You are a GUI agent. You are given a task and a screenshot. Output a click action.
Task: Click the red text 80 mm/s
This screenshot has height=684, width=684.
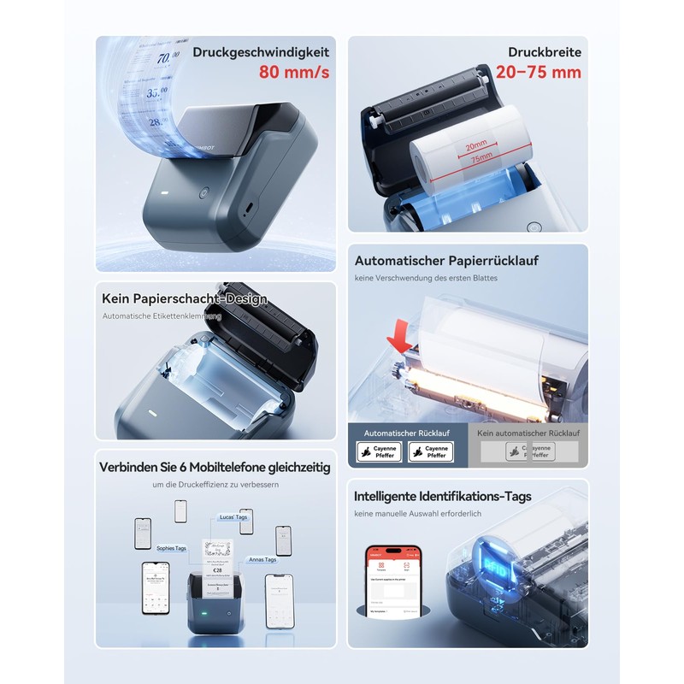point(293,73)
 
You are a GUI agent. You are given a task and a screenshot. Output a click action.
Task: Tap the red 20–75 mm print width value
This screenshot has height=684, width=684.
point(538,73)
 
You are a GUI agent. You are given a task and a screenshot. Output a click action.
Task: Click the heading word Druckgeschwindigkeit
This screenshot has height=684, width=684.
point(261,51)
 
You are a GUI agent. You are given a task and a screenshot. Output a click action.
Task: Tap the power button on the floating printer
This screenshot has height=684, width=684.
point(204,193)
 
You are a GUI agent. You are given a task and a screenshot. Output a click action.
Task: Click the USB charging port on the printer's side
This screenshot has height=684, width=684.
point(248,208)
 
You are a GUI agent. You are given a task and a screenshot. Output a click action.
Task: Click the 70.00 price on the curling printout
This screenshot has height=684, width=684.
point(167,58)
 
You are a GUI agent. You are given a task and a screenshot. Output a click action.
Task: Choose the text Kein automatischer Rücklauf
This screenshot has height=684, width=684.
point(528,433)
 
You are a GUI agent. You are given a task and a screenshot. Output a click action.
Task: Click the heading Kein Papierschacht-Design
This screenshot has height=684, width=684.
point(185,299)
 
